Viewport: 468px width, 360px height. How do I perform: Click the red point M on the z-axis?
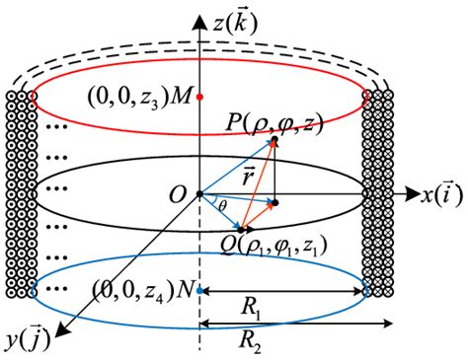coord(200,98)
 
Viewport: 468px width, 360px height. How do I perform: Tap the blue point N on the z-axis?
coord(200,291)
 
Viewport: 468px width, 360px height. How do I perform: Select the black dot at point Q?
coord(240,230)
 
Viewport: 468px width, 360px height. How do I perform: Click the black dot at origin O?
coord(200,193)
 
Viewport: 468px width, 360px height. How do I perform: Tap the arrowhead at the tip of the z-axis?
coord(200,13)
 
